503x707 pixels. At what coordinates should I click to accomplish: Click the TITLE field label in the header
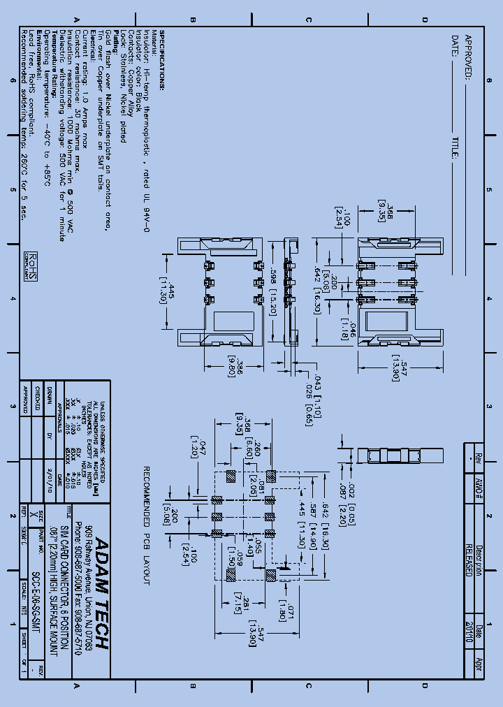[455, 147]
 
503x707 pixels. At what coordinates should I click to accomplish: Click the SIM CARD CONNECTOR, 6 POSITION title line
[65, 593]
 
